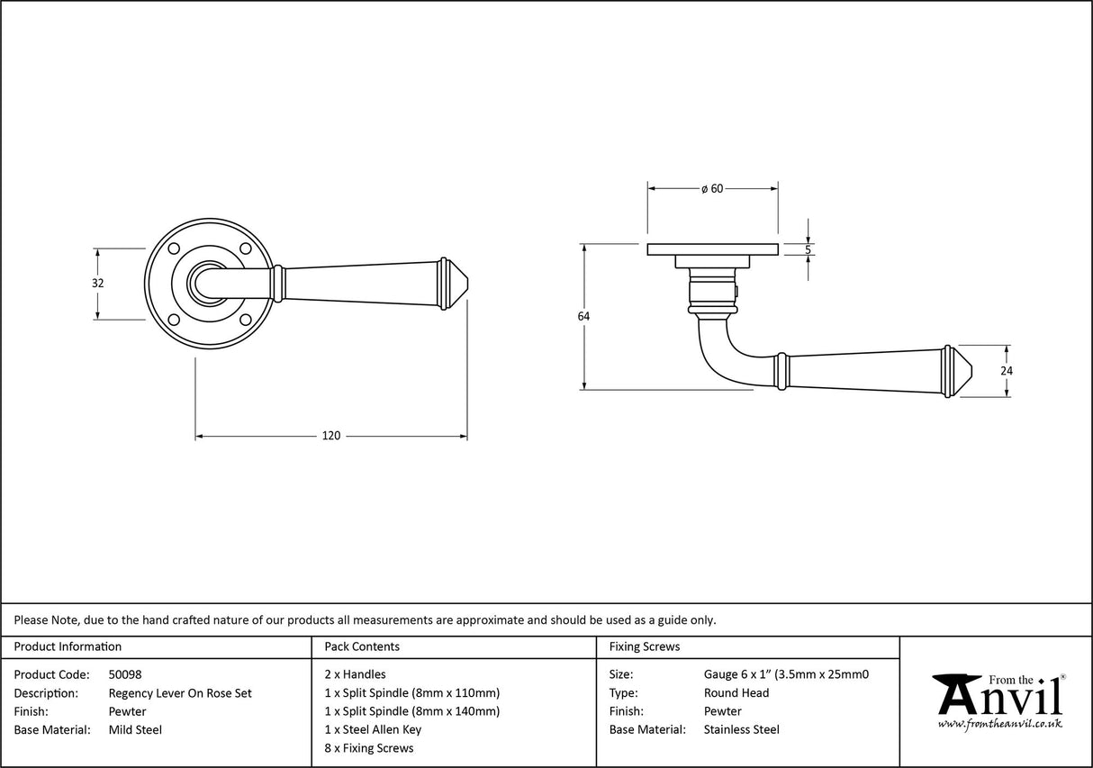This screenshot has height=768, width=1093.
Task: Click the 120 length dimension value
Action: pyautogui.click(x=331, y=436)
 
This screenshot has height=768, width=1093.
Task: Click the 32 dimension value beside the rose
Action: pyautogui.click(x=98, y=283)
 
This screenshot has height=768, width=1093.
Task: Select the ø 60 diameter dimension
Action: pyautogui.click(x=712, y=188)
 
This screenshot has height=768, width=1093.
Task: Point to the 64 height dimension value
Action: pyautogui.click(x=584, y=316)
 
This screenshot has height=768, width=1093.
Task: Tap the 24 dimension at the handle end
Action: pyautogui.click(x=1007, y=370)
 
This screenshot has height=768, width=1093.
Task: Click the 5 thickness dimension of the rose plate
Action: pyautogui.click(x=808, y=249)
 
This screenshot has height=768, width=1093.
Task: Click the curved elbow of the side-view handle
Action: pyautogui.click(x=715, y=360)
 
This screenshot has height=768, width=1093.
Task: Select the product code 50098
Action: pyautogui.click(x=125, y=673)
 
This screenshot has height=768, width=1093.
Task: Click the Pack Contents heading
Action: pyautogui.click(x=361, y=646)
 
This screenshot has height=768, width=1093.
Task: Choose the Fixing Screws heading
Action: pyautogui.click(x=645, y=646)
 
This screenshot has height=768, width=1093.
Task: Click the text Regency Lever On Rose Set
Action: pyautogui.click(x=180, y=692)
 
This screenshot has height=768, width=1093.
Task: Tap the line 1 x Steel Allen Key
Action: pyautogui.click(x=373, y=729)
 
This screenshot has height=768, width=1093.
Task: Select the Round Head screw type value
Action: pyautogui.click(x=736, y=692)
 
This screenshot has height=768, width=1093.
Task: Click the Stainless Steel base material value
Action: pyautogui.click(x=741, y=729)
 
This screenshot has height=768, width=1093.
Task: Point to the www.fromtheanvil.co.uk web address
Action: pyautogui.click(x=999, y=723)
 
